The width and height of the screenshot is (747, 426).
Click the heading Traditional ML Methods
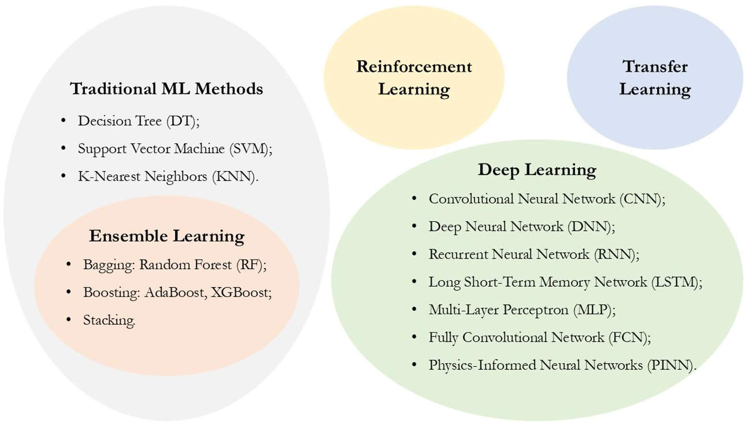click(x=166, y=89)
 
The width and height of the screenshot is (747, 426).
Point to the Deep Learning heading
click(x=537, y=170)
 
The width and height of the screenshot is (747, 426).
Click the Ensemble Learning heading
click(x=167, y=237)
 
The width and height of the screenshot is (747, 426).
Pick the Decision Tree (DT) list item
click(x=139, y=121)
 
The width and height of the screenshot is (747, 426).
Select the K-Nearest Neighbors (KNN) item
click(x=168, y=176)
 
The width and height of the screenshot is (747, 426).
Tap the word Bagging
click(x=107, y=265)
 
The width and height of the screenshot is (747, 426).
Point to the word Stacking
click(x=109, y=321)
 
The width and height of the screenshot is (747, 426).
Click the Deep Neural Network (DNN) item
click(x=522, y=226)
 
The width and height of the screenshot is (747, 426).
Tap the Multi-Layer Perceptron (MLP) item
click(x=522, y=310)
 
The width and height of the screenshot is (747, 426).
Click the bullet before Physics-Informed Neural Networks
click(x=414, y=364)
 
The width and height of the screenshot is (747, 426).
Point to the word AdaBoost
click(x=174, y=293)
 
